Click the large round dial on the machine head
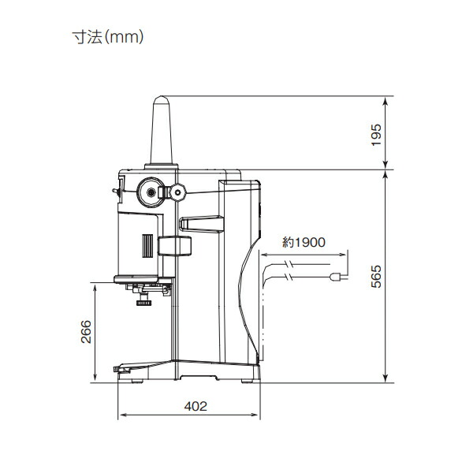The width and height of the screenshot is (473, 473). click(149, 191)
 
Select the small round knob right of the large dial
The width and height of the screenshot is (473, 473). click(178, 191)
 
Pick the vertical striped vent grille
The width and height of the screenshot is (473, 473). click(146, 245)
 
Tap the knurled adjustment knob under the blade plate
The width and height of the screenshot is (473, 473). click(143, 301)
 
